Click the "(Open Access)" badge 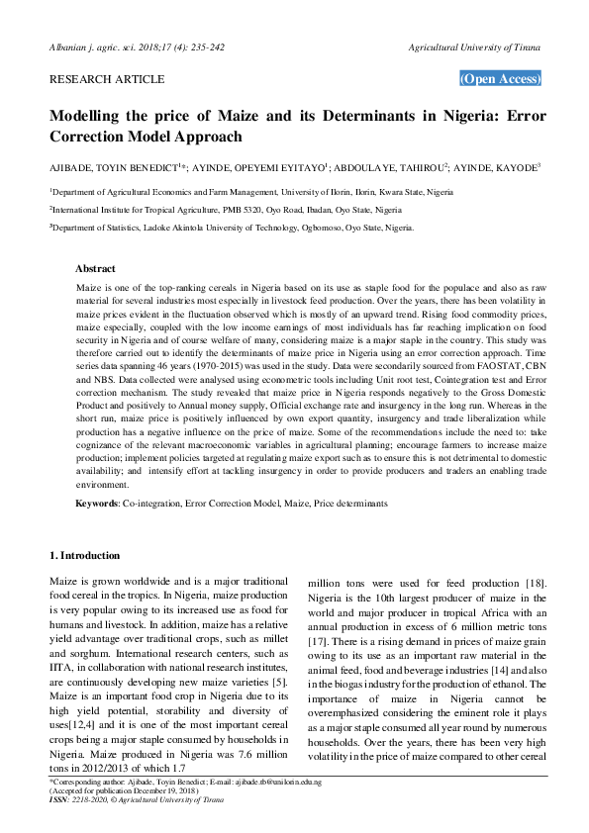tap(501, 79)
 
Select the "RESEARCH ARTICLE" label tap(107, 78)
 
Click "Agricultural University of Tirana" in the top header tap(474, 46)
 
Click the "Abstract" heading tap(96, 268)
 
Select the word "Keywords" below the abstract tap(97, 505)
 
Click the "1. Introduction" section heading tap(85, 556)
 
